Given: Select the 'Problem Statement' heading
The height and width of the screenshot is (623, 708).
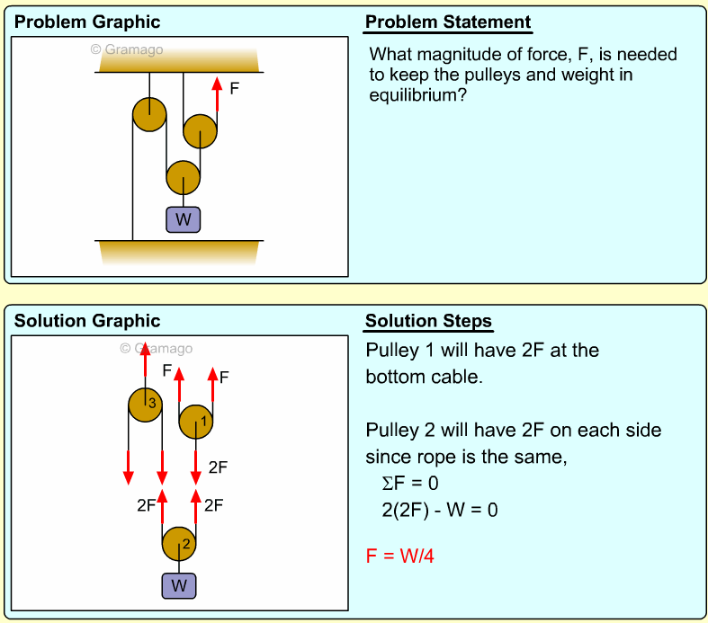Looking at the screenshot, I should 448,22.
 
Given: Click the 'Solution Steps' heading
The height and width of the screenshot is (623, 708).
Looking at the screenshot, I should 428,322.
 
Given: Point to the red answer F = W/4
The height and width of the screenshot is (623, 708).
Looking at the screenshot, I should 400,556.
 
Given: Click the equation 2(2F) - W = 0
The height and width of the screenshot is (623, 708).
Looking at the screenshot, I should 439,510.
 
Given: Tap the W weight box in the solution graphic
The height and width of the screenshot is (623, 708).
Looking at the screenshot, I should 179,586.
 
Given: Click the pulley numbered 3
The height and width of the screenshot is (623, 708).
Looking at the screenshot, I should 145,405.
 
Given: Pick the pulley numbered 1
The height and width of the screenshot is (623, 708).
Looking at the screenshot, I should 196,421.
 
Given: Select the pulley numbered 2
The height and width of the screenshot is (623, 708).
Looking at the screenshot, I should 179,544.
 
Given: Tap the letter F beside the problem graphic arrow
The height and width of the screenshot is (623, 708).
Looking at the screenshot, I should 234,90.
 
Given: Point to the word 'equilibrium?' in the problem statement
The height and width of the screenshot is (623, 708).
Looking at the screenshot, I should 417,96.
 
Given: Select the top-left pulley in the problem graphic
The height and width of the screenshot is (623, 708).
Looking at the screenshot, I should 149,114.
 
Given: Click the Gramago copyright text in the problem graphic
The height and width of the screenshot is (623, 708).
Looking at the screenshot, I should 127,49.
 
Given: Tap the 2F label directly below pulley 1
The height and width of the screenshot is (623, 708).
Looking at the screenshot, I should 218,467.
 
